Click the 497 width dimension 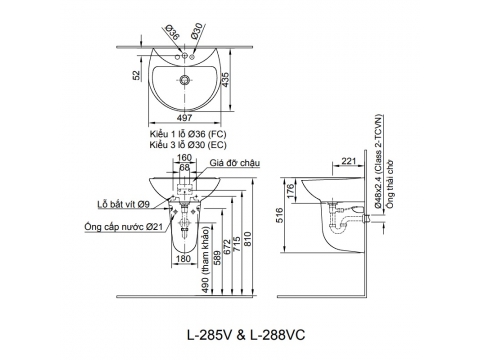[184, 118]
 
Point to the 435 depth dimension [226, 80]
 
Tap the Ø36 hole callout [173, 32]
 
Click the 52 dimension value [137, 75]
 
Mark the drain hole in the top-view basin [184, 80]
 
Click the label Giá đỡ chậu [235, 163]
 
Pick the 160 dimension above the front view [184, 157]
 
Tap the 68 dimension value [184, 167]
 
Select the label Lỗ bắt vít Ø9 [123, 204]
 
